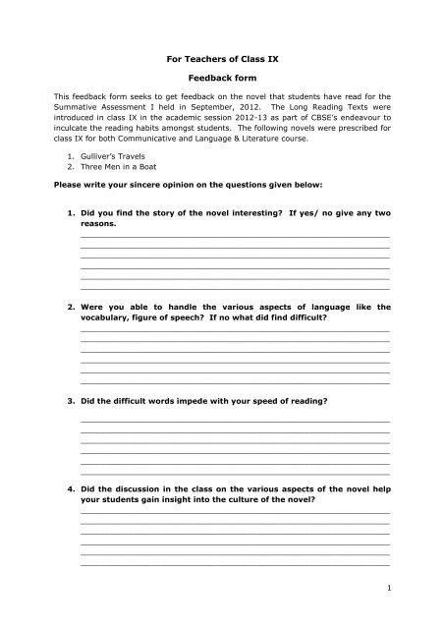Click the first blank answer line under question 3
click(x=234, y=421)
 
